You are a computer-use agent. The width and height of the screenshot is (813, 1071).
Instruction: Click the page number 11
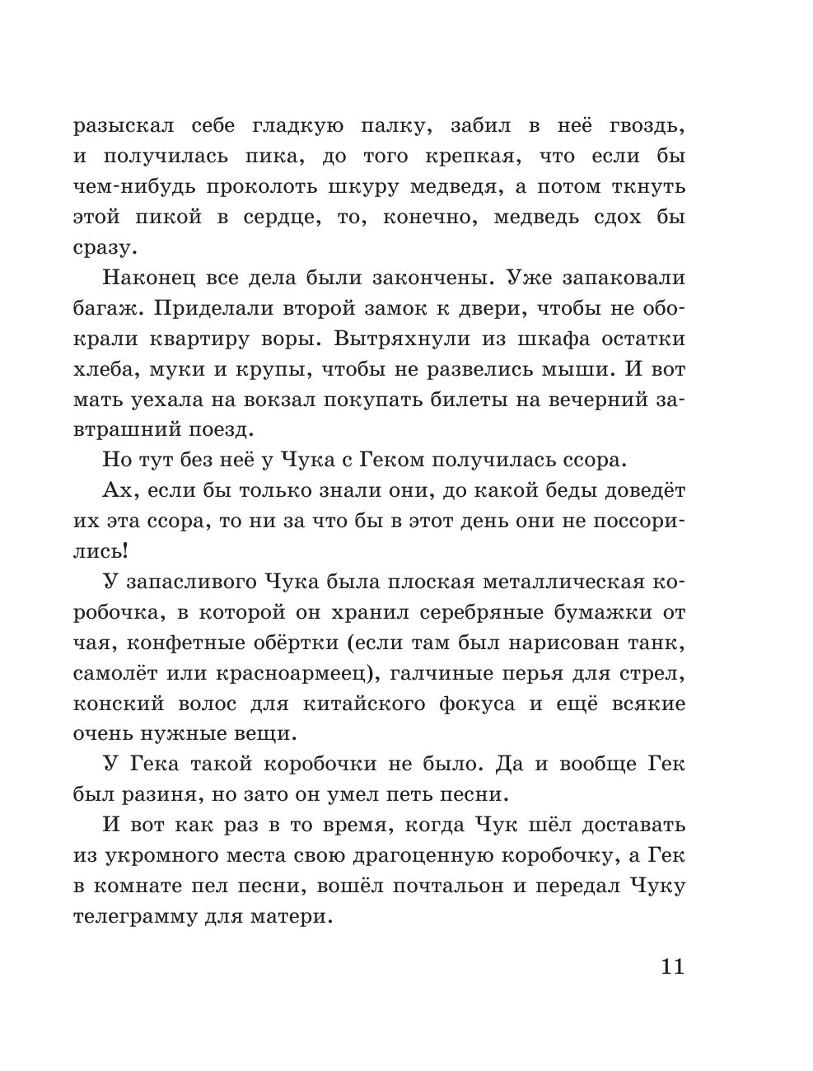coord(672,966)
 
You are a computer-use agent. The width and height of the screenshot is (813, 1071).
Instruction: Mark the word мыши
coord(576,369)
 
